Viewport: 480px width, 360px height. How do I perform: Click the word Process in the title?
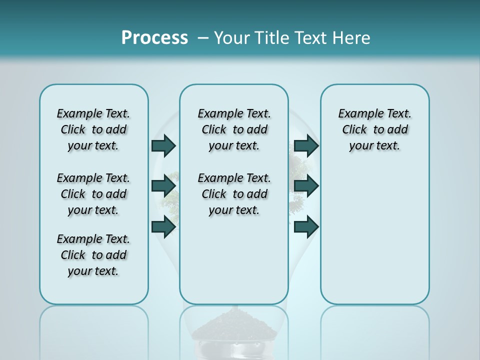point(154,37)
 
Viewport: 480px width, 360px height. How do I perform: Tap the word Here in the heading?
point(351,38)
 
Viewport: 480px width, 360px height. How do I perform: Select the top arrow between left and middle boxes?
point(163,146)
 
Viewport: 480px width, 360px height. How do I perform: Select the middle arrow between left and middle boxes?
point(163,186)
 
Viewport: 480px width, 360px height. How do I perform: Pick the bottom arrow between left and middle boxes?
point(163,227)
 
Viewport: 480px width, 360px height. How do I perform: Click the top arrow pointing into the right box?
point(306,146)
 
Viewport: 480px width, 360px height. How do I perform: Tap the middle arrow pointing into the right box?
point(306,186)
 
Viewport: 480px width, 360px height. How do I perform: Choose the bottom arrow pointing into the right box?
point(306,227)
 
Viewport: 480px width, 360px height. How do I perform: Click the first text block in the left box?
point(93,129)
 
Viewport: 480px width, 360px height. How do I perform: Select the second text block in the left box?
point(93,194)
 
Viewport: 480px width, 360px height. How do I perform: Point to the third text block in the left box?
point(93,255)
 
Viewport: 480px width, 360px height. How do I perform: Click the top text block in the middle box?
point(234,129)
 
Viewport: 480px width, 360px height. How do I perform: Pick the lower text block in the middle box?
point(234,194)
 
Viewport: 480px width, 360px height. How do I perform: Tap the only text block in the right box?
point(374,129)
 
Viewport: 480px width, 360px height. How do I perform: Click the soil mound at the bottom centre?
point(234,327)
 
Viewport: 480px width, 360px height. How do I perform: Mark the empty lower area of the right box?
point(374,240)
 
